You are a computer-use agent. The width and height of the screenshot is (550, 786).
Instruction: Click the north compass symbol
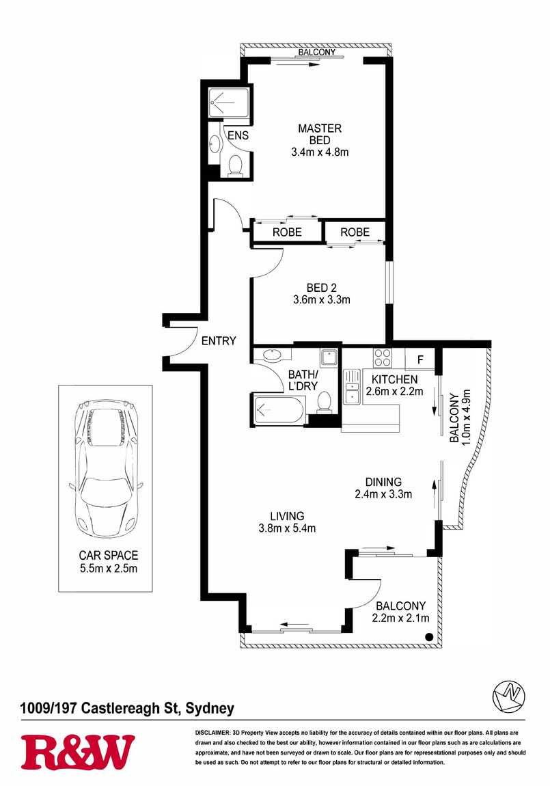(508, 696)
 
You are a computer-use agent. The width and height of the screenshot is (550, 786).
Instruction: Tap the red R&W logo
(78, 752)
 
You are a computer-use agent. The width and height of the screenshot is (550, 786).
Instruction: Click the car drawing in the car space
(105, 469)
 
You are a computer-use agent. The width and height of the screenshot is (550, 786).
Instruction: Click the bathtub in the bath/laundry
(279, 410)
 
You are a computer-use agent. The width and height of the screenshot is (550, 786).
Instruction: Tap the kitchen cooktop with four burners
(382, 357)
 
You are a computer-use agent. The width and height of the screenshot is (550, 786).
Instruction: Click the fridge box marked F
(420, 359)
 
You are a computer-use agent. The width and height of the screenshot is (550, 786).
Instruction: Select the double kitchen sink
(352, 386)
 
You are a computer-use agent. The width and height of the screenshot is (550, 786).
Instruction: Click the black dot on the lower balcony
(429, 636)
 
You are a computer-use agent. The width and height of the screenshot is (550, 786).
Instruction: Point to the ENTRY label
(219, 341)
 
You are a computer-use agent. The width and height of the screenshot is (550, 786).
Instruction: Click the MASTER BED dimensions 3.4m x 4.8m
(320, 152)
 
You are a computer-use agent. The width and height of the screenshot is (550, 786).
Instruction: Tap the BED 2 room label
(322, 288)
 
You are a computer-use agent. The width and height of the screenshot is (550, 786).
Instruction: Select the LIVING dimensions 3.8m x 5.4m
(287, 528)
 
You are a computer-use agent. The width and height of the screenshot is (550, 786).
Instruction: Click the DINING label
(383, 483)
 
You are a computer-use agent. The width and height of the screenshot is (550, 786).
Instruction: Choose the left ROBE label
(287, 232)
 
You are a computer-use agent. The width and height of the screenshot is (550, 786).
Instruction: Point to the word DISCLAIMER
(212, 733)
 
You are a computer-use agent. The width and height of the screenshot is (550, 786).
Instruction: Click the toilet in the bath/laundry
(324, 401)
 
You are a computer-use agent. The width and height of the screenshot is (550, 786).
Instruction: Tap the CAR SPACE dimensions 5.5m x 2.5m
(109, 569)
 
